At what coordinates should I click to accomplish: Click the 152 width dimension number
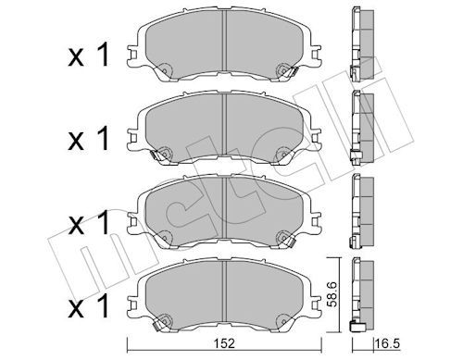[x=225, y=343]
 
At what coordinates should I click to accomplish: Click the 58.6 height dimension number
[x=332, y=294]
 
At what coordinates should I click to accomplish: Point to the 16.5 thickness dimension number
[x=387, y=343]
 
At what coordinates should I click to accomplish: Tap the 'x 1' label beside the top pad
[x=89, y=55]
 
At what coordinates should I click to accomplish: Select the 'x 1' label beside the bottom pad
[x=89, y=305]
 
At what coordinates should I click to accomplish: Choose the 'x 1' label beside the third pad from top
[x=89, y=222]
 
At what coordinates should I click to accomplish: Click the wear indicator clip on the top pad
[x=291, y=72]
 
